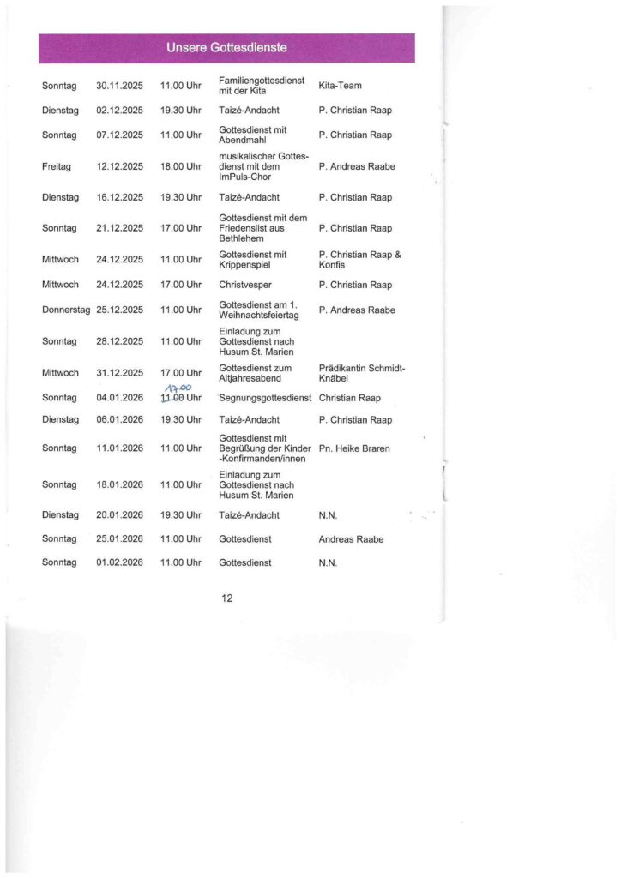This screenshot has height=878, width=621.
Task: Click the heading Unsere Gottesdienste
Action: pyautogui.click(x=226, y=48)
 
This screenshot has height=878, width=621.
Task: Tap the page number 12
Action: pyautogui.click(x=227, y=598)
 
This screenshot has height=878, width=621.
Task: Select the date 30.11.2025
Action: pyautogui.click(x=119, y=86)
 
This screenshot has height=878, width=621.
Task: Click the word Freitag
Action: pyautogui.click(x=57, y=166)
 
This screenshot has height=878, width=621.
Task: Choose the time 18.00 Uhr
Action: pyautogui.click(x=180, y=166)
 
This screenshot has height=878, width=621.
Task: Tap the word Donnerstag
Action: pyautogui.click(x=66, y=310)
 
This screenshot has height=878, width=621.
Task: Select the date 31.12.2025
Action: pyautogui.click(x=119, y=373)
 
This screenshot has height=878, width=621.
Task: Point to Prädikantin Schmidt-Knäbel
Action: pyautogui.click(x=361, y=373)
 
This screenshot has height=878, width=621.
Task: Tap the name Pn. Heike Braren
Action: pyautogui.click(x=354, y=448)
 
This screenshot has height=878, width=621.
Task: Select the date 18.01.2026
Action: pyautogui.click(x=119, y=484)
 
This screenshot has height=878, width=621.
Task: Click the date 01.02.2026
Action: pyautogui.click(x=119, y=562)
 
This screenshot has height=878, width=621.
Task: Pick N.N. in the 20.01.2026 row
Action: pyautogui.click(x=328, y=515)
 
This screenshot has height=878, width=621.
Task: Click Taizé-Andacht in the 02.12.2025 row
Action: pyautogui.click(x=249, y=111)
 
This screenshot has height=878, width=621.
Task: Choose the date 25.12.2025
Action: pyautogui.click(x=119, y=310)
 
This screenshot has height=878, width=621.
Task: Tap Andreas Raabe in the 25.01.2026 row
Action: pyautogui.click(x=351, y=539)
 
